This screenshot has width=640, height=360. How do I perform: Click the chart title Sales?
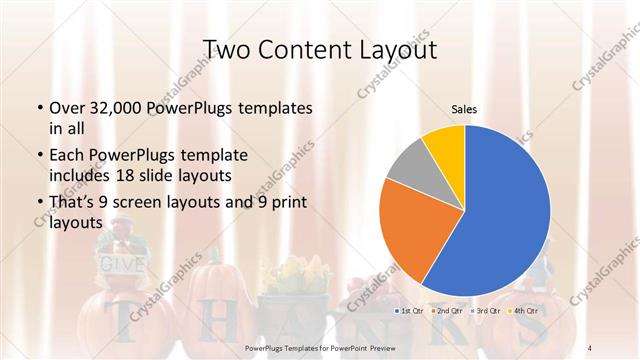464,107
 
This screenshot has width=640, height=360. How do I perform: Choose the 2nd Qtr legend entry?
449,312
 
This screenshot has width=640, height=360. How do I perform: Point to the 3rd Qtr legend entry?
487,312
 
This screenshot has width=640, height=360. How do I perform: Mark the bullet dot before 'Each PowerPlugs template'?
39,156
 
